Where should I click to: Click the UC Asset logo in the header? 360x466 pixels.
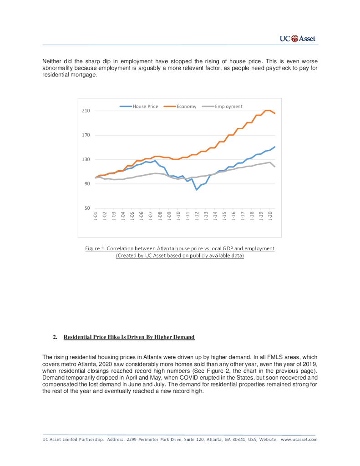(297, 39)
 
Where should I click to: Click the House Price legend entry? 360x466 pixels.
(145, 106)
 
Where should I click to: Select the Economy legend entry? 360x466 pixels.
(186, 106)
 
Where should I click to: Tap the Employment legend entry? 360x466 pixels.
(228, 106)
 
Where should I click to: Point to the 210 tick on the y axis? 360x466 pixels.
(86, 111)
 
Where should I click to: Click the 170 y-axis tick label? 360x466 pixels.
(86, 135)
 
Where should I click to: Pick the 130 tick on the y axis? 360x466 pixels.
(86, 160)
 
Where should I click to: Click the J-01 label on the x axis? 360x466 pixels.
(96, 216)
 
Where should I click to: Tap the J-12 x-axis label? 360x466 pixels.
(197, 216)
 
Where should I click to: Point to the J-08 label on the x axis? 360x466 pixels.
(160, 216)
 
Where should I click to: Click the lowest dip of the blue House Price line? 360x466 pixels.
(197, 189)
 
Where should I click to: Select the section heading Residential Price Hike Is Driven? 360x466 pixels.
(129, 337)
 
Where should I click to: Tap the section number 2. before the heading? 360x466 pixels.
(55, 337)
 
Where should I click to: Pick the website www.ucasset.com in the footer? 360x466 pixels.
(299, 440)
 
